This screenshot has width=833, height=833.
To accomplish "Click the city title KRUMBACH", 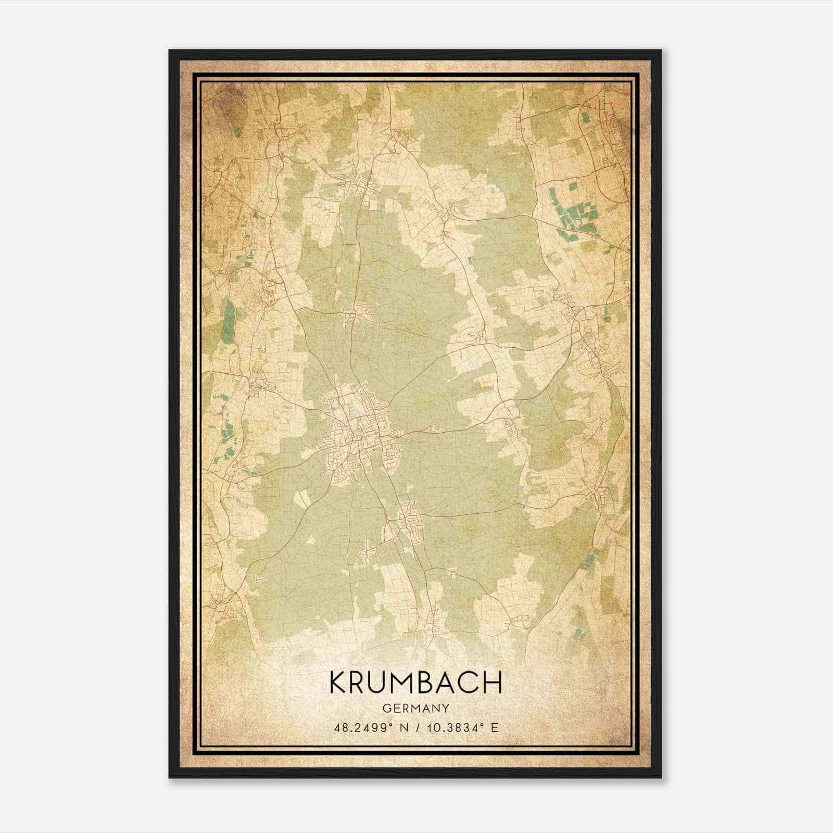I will [x=415, y=683].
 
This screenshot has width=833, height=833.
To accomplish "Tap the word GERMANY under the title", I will [x=415, y=708].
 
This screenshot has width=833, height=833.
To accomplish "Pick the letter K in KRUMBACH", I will [x=338, y=683].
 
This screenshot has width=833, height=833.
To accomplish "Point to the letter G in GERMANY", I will [x=386, y=708].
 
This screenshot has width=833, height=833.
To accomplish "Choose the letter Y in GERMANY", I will [x=446, y=708].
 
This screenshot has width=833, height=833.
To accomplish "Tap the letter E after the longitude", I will [x=495, y=727].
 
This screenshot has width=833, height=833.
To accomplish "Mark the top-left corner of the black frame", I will [x=170, y=51].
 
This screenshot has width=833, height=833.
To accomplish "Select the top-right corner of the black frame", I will [x=661, y=51].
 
